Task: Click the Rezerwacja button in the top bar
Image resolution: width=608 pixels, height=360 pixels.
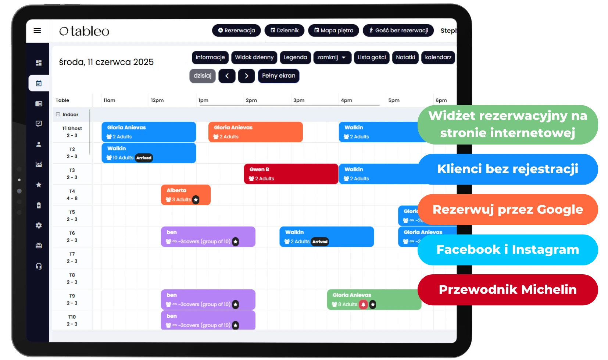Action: pyautogui.click(x=236, y=31)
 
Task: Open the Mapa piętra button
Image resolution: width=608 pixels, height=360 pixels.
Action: pyautogui.click(x=334, y=31)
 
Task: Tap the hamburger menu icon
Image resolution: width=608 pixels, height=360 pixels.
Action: pyautogui.click(x=37, y=31)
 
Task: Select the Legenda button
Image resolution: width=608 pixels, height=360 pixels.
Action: pyautogui.click(x=295, y=57)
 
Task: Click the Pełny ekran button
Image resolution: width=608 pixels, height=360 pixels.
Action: pyautogui.click(x=278, y=76)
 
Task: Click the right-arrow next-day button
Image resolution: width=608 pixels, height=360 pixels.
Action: pyautogui.click(x=246, y=76)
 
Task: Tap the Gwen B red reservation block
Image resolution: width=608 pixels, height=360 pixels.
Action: pyautogui.click(x=291, y=174)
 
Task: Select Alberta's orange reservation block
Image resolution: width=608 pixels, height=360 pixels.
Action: pyautogui.click(x=186, y=195)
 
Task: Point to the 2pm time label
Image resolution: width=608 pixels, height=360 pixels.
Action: pyautogui.click(x=251, y=100)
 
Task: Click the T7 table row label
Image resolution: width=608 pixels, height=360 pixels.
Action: pyautogui.click(x=72, y=257)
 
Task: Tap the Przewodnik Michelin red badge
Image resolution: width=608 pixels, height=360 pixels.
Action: pyautogui.click(x=508, y=290)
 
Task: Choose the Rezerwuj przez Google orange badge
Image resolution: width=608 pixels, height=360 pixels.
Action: pyautogui.click(x=508, y=210)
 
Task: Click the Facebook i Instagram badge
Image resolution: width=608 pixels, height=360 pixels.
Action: pyautogui.click(x=508, y=250)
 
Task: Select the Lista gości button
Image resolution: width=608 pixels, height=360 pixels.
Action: pyautogui.click(x=372, y=57)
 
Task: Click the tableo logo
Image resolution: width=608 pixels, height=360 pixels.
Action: pyautogui.click(x=85, y=31)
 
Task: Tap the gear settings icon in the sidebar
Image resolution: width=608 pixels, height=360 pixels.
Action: pyautogui.click(x=39, y=225)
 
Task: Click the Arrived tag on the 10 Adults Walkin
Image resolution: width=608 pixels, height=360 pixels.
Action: pyautogui.click(x=144, y=158)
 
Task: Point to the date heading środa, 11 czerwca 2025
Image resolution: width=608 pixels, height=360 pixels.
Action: pyautogui.click(x=106, y=62)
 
